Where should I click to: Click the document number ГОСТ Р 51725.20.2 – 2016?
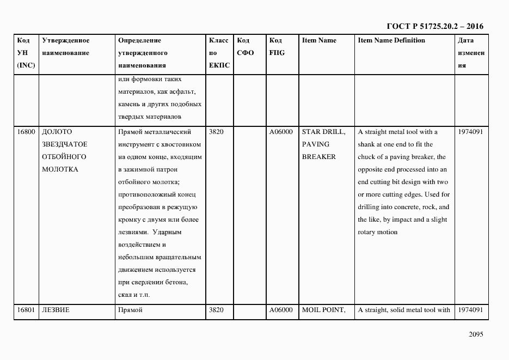click(434, 26)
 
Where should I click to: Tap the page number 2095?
click(476, 334)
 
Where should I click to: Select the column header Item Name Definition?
click(391, 41)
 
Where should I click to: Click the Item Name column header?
click(319, 41)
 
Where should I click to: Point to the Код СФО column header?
click(246, 47)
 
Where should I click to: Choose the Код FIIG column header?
click(277, 47)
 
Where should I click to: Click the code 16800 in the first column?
click(26, 132)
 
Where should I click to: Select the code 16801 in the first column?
click(26, 310)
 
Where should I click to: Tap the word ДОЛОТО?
click(57, 132)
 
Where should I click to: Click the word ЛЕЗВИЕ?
click(56, 310)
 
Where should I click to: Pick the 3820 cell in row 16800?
click(216, 132)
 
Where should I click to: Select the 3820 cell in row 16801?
click(216, 310)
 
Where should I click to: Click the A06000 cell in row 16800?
click(281, 132)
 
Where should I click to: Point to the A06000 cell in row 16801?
click(281, 310)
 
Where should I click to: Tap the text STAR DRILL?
click(323, 132)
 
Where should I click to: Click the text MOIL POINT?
click(323, 310)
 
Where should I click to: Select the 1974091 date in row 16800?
click(470, 132)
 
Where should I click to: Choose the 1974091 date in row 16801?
click(470, 310)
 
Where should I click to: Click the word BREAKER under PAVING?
click(318, 157)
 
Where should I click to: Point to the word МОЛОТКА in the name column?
click(60, 169)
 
